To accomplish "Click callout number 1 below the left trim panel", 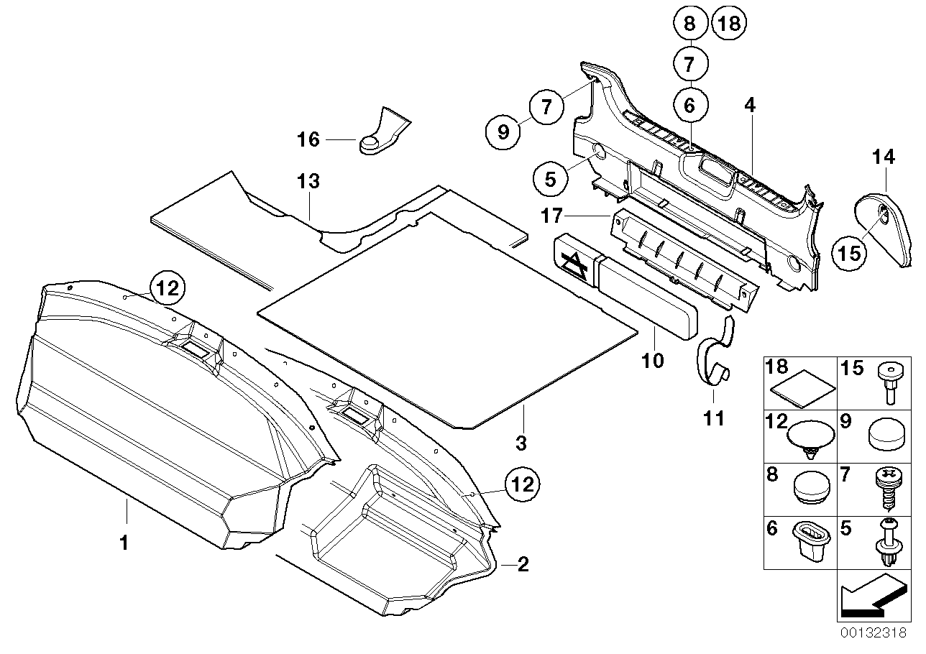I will (x=124, y=544).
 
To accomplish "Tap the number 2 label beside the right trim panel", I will (x=523, y=565).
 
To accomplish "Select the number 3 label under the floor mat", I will (x=521, y=443).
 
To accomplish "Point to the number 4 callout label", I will (x=750, y=105).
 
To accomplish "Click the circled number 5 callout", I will (x=550, y=177).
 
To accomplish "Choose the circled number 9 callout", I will (x=502, y=131).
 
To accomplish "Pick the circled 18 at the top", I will (x=728, y=24).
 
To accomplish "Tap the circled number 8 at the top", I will (x=689, y=24).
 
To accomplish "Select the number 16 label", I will (x=308, y=139).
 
